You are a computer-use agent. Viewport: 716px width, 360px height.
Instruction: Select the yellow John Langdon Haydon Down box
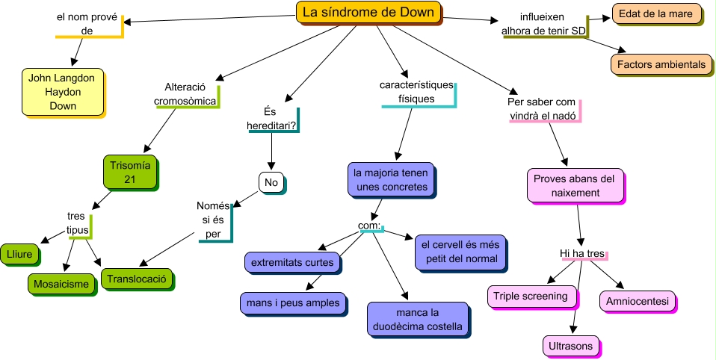tap(63, 92)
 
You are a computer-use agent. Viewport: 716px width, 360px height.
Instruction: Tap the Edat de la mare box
tap(656, 13)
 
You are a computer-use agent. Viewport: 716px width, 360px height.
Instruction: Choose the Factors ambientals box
tap(661, 64)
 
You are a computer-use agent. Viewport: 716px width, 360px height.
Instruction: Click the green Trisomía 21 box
tap(130, 172)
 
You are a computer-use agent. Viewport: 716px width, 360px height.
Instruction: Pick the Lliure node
tap(19, 253)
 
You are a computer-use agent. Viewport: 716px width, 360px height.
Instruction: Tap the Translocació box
tap(136, 279)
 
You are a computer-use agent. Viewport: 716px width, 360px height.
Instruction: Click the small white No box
tap(271, 181)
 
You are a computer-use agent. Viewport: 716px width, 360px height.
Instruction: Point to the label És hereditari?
tap(271, 119)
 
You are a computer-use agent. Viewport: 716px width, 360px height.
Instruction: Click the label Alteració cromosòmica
tap(185, 93)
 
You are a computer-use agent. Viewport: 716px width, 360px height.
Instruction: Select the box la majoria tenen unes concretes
tap(392, 179)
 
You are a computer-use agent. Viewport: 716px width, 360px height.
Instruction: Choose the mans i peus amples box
tap(294, 302)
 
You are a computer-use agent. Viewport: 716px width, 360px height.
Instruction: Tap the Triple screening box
tap(534, 296)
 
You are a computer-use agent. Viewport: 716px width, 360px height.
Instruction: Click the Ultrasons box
tap(572, 346)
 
